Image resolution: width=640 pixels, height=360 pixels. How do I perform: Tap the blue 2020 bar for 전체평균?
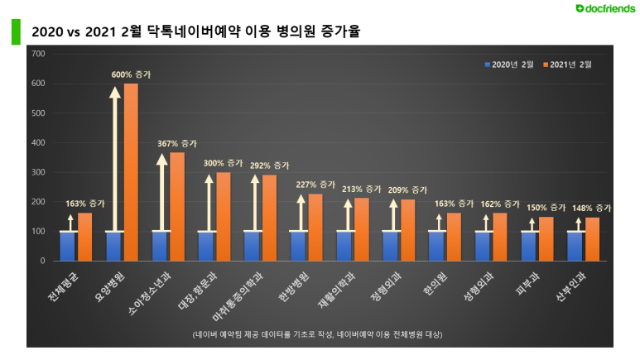(x=69, y=246)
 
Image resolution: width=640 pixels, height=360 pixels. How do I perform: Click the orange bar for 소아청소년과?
(x=177, y=206)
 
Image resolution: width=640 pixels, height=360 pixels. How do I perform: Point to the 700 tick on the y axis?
(x=38, y=54)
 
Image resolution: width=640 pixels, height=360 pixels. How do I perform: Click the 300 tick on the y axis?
(x=38, y=172)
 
